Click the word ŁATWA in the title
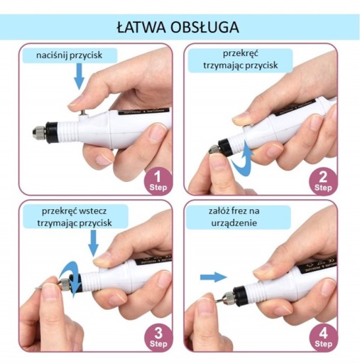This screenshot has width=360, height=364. coord(141,28)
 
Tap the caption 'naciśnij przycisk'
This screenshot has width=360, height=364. coord(70,55)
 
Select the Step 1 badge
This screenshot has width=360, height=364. coord(158,182)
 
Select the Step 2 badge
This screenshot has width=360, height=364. coord(323,182)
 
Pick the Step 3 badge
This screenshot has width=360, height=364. coord(158,338)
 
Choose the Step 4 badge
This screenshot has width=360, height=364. coord(323,338)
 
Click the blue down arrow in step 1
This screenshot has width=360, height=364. coord(80,76)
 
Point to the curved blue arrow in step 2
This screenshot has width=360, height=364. coord(243,159)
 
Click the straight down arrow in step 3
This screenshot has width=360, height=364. coord(94,243)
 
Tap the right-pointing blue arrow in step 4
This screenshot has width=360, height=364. coord(214,277)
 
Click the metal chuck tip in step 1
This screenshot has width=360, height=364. coord(39,132)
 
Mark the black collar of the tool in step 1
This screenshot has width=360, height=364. coord(52,132)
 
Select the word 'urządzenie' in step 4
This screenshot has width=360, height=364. coord(234,223)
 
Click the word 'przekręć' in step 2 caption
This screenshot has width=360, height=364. coord(241,53)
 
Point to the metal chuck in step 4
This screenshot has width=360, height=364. coord(227,298)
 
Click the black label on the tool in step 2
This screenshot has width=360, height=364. coord(295,107)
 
